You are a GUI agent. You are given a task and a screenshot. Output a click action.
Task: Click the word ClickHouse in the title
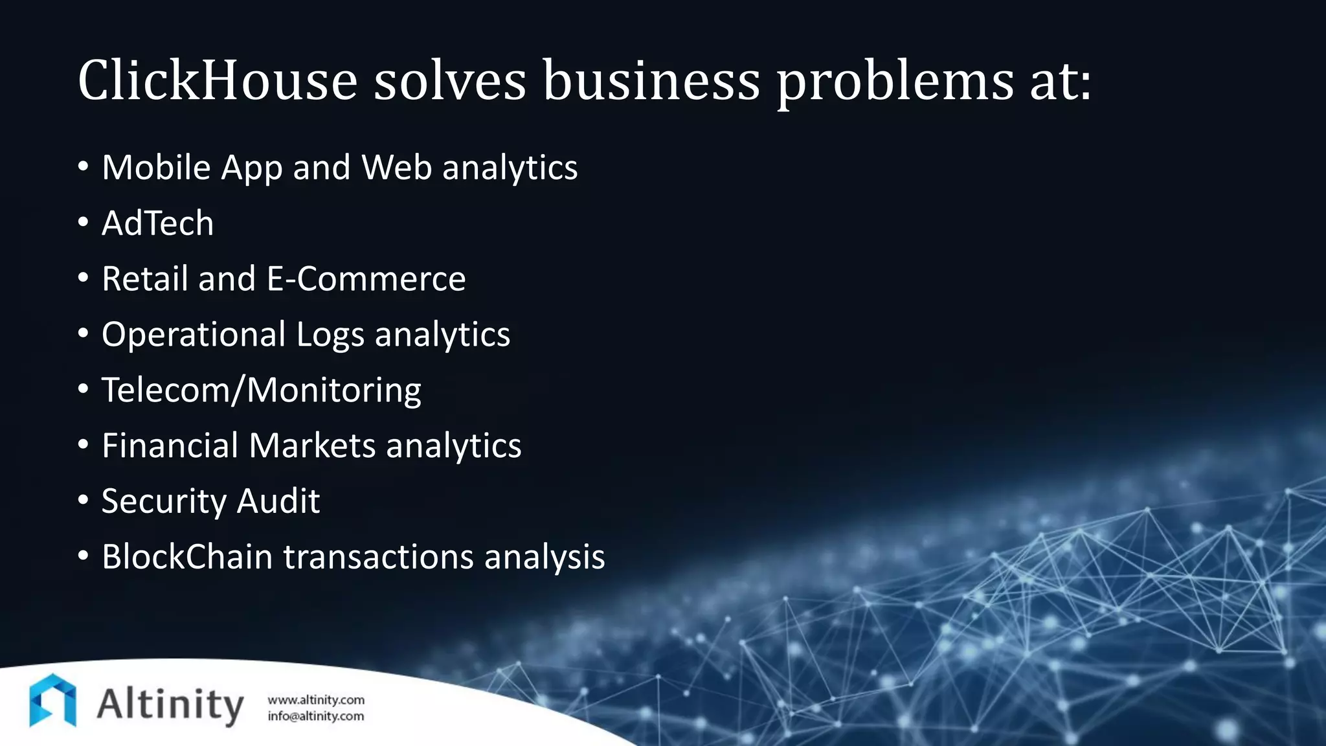point(218,80)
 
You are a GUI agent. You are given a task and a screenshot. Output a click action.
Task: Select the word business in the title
point(651,80)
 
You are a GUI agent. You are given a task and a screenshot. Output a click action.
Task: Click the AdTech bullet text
point(157,223)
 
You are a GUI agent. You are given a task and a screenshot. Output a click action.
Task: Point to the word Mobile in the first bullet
point(156,168)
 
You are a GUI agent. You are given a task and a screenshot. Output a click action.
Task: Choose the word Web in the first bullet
point(396,168)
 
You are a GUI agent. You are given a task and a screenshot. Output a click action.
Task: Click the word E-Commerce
point(366,279)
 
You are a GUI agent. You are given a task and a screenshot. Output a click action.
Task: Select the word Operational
point(194,335)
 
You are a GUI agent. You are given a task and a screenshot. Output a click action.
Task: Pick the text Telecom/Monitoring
point(262,390)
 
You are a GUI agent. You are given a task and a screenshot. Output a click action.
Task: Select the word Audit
point(278,501)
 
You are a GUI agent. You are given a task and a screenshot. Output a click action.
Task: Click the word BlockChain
point(187,557)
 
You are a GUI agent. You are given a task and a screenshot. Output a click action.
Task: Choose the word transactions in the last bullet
point(378,558)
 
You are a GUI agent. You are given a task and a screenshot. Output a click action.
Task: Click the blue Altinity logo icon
point(52,700)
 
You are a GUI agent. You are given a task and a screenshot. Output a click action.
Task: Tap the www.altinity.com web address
point(316,700)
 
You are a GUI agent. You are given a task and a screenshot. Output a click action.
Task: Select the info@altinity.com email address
point(316,716)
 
